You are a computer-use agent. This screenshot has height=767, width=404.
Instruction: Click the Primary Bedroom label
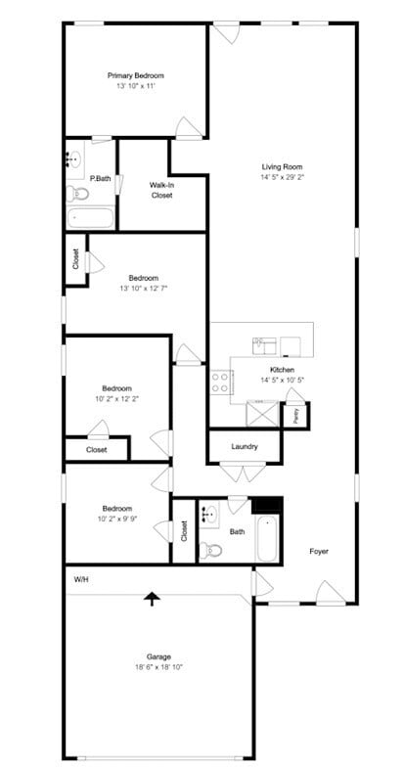pyautogui.click(x=136, y=75)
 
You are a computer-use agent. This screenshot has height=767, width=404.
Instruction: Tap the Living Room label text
pyautogui.click(x=283, y=166)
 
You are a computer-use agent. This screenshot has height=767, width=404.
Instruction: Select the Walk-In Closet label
pyautogui.click(x=161, y=190)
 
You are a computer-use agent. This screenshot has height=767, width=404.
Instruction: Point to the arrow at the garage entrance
pyautogui.click(x=152, y=598)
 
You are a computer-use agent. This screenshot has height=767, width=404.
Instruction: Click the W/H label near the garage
pyautogui.click(x=81, y=579)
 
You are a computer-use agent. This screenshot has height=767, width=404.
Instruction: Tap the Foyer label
pyautogui.click(x=319, y=551)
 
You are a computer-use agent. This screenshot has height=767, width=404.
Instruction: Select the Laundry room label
pyautogui.click(x=245, y=446)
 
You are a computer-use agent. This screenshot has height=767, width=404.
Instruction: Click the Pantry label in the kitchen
pyautogui.click(x=296, y=415)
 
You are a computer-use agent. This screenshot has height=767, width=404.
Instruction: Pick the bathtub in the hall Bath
pyautogui.click(x=267, y=538)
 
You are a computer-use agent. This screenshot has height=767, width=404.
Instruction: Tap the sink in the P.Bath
pyautogui.click(x=75, y=159)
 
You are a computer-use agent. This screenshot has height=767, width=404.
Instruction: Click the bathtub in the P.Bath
pyautogui.click(x=91, y=216)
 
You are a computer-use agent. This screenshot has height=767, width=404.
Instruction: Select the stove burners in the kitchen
pyautogui.click(x=219, y=381)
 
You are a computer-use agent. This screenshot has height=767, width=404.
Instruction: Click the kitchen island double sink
pyautogui.click(x=265, y=343)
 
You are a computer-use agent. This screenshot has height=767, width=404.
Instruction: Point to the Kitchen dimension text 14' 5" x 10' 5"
pyautogui.click(x=283, y=380)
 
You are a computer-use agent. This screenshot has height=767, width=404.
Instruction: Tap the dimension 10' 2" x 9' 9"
pyautogui.click(x=117, y=519)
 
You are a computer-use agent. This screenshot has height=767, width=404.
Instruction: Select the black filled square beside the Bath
pyautogui.click(x=267, y=505)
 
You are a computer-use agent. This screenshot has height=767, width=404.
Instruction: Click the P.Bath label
pyautogui.click(x=100, y=178)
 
